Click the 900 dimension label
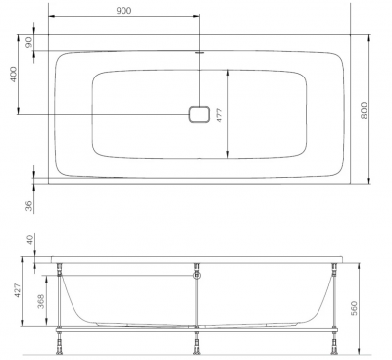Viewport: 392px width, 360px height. pyautogui.click(x=123, y=11)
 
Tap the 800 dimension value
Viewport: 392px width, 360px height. pyautogui.click(x=364, y=111)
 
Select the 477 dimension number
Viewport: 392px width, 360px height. pyautogui.click(x=220, y=115)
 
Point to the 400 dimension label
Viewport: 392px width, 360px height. pyautogui.click(x=13, y=75)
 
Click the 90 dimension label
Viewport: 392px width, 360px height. pyautogui.click(x=29, y=42)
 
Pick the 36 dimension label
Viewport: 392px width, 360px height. pyautogui.click(x=29, y=206)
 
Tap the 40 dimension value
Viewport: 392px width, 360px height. pyautogui.click(x=29, y=239)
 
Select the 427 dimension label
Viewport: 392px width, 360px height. pyautogui.click(x=17, y=290)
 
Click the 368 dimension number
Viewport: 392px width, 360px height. pyautogui.click(x=40, y=302)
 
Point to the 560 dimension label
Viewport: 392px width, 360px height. pyautogui.click(x=354, y=308)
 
